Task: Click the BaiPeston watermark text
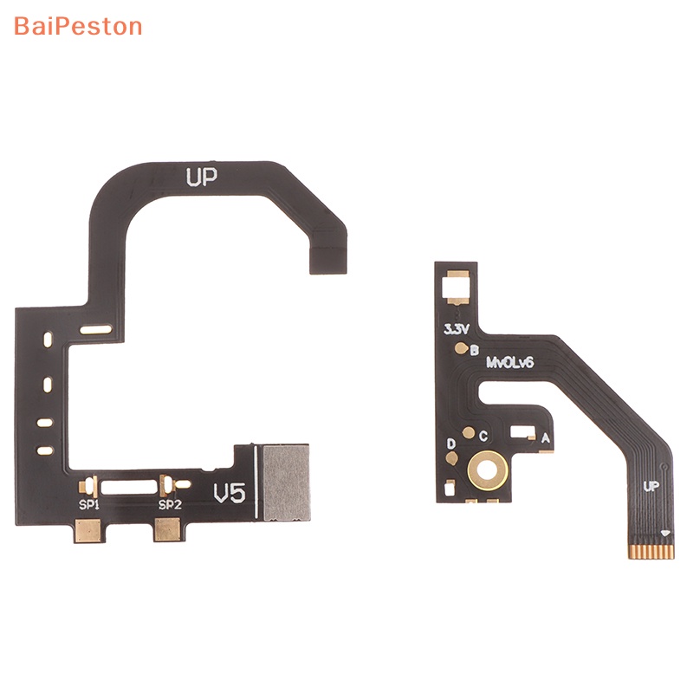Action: point(78,27)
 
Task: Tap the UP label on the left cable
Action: point(202,178)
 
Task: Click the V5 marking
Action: point(230,493)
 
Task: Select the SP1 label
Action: point(89,504)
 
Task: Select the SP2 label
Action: point(170,504)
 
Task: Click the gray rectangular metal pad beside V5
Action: point(287,483)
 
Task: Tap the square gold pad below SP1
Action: point(87,529)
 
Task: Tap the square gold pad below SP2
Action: point(167,529)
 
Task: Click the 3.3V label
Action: point(457,329)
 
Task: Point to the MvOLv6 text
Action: point(509,362)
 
